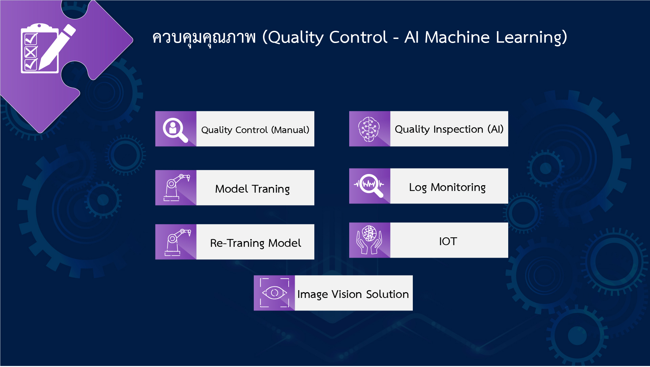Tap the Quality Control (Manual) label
point(255,130)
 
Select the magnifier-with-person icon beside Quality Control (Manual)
point(175,129)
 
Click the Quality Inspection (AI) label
point(449,129)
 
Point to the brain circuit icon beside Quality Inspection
point(369,129)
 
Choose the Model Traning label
point(252,189)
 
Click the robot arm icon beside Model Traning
point(176,188)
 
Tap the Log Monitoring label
point(447,187)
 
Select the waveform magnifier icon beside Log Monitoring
point(369,186)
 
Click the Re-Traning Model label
point(255,243)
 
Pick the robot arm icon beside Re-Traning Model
point(176,242)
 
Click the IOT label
point(448,241)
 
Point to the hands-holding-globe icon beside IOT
point(369,240)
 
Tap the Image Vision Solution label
point(353,294)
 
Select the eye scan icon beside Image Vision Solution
point(274,293)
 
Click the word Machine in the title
point(457,37)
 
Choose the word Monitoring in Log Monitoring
point(458,187)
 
